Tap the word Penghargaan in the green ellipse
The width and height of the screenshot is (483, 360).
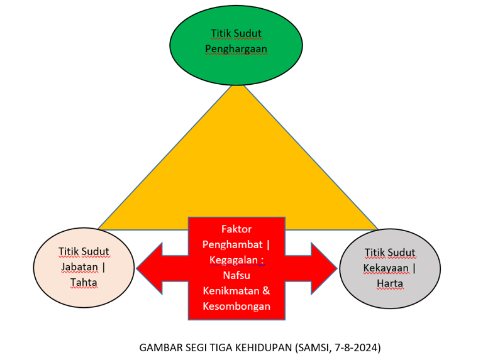[236, 49]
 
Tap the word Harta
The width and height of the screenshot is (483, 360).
[390, 283]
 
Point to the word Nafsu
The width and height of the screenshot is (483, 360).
[236, 275]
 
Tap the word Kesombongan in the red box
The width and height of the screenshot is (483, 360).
[236, 307]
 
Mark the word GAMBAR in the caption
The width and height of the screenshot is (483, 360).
[159, 347]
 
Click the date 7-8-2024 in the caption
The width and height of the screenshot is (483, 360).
[357, 347]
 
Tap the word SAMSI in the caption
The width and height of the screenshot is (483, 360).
[313, 347]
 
